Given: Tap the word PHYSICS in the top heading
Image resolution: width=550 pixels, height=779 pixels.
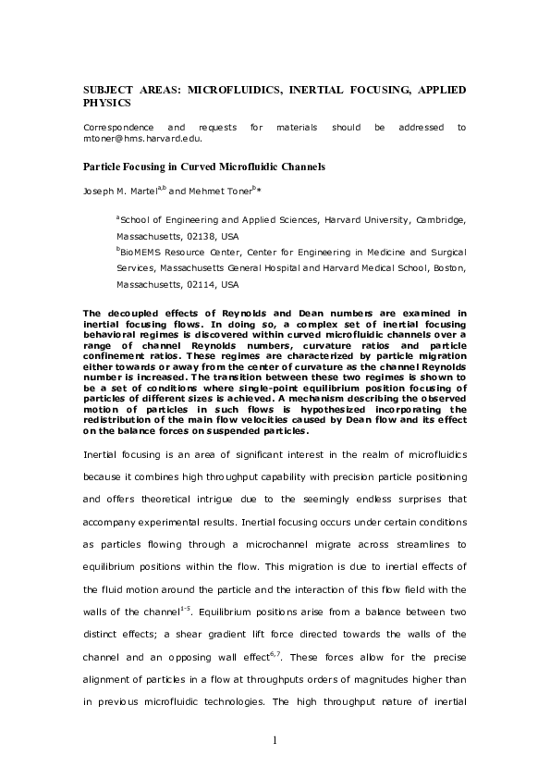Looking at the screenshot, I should [109, 103].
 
